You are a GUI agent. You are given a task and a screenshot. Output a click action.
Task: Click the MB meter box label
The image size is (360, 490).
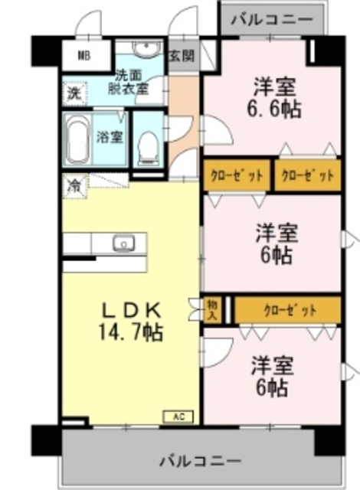click(83, 56)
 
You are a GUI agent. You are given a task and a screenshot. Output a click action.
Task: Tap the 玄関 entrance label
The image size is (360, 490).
click(182, 56)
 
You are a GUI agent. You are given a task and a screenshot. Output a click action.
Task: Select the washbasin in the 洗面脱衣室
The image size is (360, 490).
click(146, 49)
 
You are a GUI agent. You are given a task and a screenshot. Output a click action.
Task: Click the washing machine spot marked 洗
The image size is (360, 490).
click(74, 93)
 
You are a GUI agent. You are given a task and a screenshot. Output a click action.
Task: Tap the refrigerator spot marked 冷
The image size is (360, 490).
click(74, 186)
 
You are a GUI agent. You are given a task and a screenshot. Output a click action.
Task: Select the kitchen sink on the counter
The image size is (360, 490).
click(124, 243)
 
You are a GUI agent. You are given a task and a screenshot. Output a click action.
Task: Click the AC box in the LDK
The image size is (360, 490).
click(178, 416)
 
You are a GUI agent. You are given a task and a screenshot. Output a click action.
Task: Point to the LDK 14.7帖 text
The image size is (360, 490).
click(131, 321)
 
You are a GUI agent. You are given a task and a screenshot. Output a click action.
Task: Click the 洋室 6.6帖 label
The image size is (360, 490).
click(274, 97)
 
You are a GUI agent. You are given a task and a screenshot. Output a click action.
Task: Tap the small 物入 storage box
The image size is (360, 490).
click(213, 310)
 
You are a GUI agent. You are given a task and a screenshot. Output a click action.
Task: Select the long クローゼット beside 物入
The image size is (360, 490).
click(287, 310)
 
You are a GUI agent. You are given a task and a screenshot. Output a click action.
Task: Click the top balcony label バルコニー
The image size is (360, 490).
click(272, 19)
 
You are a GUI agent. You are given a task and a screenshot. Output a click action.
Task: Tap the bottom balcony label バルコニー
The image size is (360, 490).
click(201, 461)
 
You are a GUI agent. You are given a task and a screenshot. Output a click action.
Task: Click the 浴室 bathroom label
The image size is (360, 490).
click(109, 137)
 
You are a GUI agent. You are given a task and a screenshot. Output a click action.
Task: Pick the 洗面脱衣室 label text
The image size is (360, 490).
click(129, 82)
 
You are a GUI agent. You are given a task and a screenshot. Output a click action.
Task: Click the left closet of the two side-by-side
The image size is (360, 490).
click(237, 175)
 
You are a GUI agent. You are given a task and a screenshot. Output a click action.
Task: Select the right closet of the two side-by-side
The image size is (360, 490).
click(308, 175)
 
